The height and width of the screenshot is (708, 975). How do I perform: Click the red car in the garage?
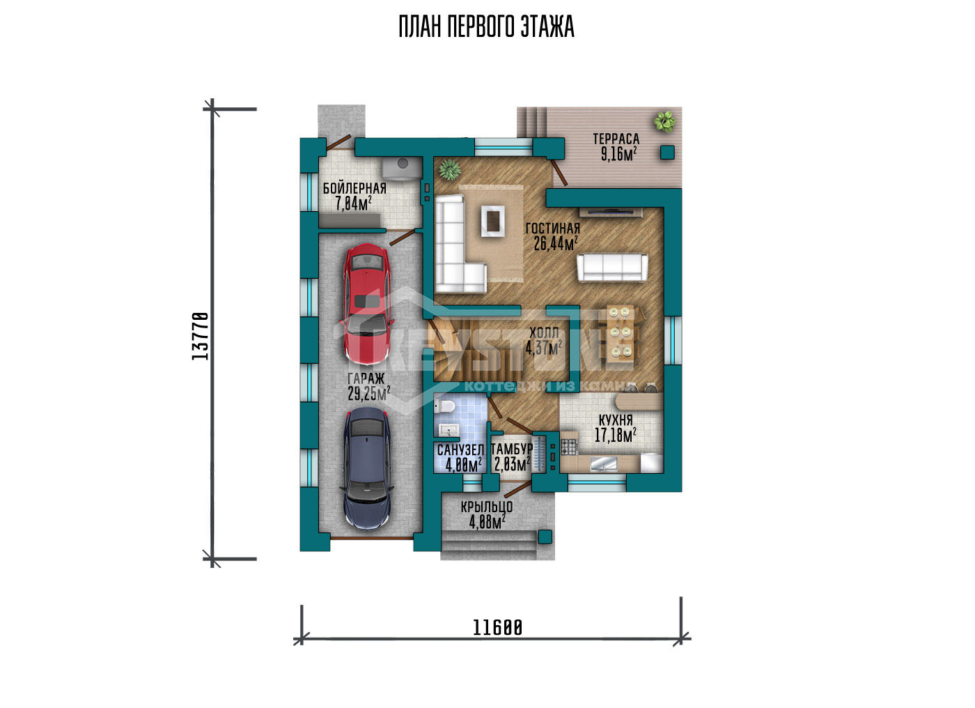point(368,304)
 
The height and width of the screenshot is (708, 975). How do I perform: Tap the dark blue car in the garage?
point(368,468)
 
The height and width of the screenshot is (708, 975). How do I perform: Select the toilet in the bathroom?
point(444,406)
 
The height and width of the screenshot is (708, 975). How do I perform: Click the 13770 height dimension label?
point(201,336)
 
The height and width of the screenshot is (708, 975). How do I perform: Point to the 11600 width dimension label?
point(497,627)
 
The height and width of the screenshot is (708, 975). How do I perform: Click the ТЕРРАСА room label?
point(616,139)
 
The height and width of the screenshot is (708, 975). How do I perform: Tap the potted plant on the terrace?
point(664,121)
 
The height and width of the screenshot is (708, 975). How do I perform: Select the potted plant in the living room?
point(450,169)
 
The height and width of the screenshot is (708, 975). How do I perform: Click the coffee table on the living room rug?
point(493,221)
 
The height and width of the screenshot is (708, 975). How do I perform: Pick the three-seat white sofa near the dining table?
point(612,268)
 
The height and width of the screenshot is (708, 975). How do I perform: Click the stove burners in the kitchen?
point(568,445)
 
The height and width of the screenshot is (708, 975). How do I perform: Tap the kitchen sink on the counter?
point(604,463)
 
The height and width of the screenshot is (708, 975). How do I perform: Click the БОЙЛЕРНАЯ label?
point(354,189)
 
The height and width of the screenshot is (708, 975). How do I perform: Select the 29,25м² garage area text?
point(368,394)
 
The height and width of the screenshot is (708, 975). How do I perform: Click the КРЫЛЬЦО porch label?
point(487,507)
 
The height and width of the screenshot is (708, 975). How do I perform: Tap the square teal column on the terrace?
point(667,153)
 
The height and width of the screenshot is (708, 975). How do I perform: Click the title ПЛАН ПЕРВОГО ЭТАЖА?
point(487,26)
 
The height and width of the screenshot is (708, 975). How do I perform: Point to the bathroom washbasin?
point(448,430)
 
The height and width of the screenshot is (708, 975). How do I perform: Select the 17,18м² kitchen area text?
point(616,435)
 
